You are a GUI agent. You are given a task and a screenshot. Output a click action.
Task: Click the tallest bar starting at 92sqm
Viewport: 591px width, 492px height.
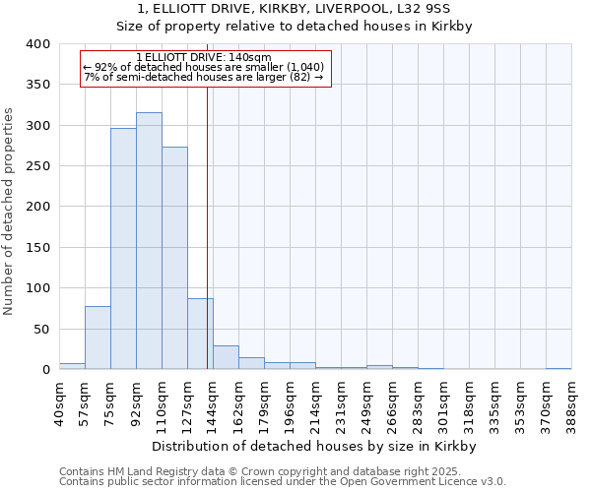[149, 241]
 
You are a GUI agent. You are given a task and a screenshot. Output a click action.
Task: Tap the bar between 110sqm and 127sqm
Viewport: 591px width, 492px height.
[174, 258]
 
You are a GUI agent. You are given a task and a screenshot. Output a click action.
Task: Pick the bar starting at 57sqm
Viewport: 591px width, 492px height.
[98, 338]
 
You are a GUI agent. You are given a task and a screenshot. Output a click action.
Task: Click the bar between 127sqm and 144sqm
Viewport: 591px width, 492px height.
[200, 334]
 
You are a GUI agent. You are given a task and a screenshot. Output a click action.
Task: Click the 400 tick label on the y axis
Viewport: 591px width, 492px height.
[36, 44]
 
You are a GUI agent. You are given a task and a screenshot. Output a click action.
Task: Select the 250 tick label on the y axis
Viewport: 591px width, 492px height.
[36, 166]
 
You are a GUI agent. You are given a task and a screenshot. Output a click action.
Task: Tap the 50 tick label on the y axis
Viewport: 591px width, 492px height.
[40, 329]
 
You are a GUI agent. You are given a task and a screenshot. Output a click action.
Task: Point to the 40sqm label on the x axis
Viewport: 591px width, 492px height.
[59, 402]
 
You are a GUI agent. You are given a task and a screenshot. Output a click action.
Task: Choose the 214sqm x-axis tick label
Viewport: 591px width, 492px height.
[315, 402]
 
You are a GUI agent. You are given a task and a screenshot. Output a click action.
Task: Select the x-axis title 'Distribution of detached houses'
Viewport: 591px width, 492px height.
[315, 446]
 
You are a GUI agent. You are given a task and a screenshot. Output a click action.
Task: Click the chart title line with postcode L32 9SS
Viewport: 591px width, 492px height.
[295, 9]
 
